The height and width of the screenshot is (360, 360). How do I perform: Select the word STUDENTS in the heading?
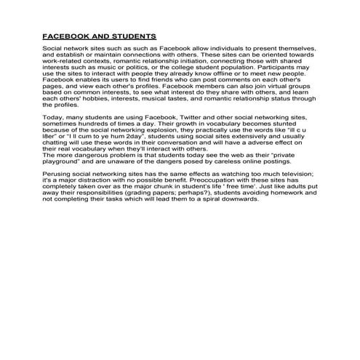(x=130, y=35)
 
